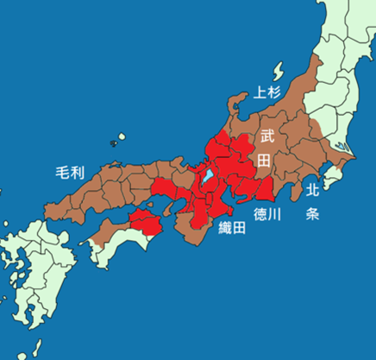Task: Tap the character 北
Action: pyautogui.click(x=312, y=189)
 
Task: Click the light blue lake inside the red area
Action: pyautogui.click(x=208, y=176)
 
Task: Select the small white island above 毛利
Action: pyautogui.click(x=119, y=138)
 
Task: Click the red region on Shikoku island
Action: pyautogui.click(x=144, y=223)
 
